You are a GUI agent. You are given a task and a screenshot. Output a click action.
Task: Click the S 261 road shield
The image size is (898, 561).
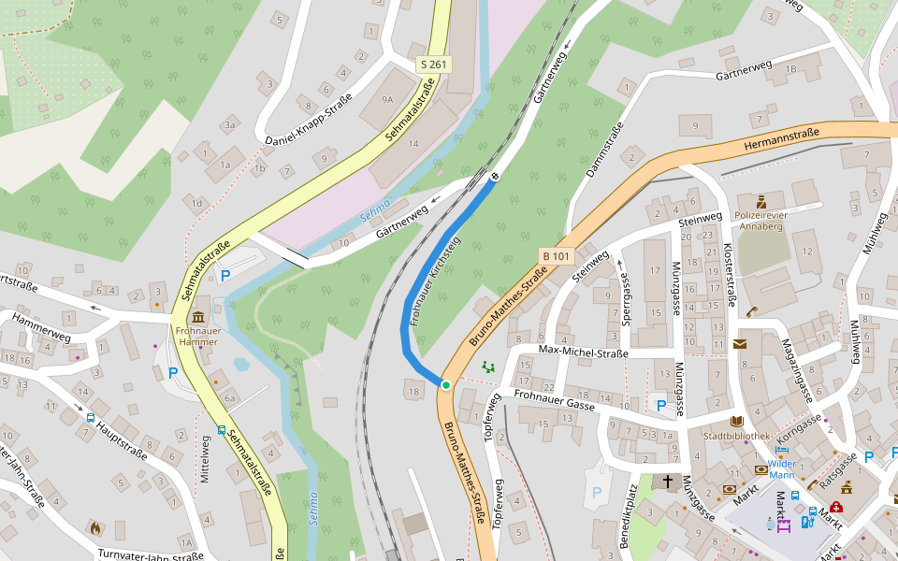coord(434,65)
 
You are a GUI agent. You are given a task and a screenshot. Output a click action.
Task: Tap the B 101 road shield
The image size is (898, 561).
coord(555,255)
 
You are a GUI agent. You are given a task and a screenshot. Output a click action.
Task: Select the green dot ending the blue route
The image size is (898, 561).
coord(446,384)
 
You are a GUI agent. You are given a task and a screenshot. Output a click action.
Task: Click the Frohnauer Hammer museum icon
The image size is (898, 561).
coord(197,319)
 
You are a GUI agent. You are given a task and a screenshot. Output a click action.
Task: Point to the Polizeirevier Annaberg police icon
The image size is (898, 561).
coord(761,201)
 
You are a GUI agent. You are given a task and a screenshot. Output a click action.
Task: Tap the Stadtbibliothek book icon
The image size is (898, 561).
coord(736,422)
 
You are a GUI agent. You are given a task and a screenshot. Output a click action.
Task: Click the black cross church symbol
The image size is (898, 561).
coord(667,482)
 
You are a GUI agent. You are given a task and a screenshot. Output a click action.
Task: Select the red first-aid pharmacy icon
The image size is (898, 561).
coord(835,507)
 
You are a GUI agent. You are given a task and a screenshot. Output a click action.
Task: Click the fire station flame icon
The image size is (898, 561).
coord(94,527)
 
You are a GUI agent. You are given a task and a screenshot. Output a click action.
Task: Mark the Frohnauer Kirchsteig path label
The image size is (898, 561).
coord(432,281)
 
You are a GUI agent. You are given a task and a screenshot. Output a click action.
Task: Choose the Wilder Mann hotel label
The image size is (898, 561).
coord(782,468)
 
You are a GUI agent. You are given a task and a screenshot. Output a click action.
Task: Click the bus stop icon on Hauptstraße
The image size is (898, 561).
coord(91,418)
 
